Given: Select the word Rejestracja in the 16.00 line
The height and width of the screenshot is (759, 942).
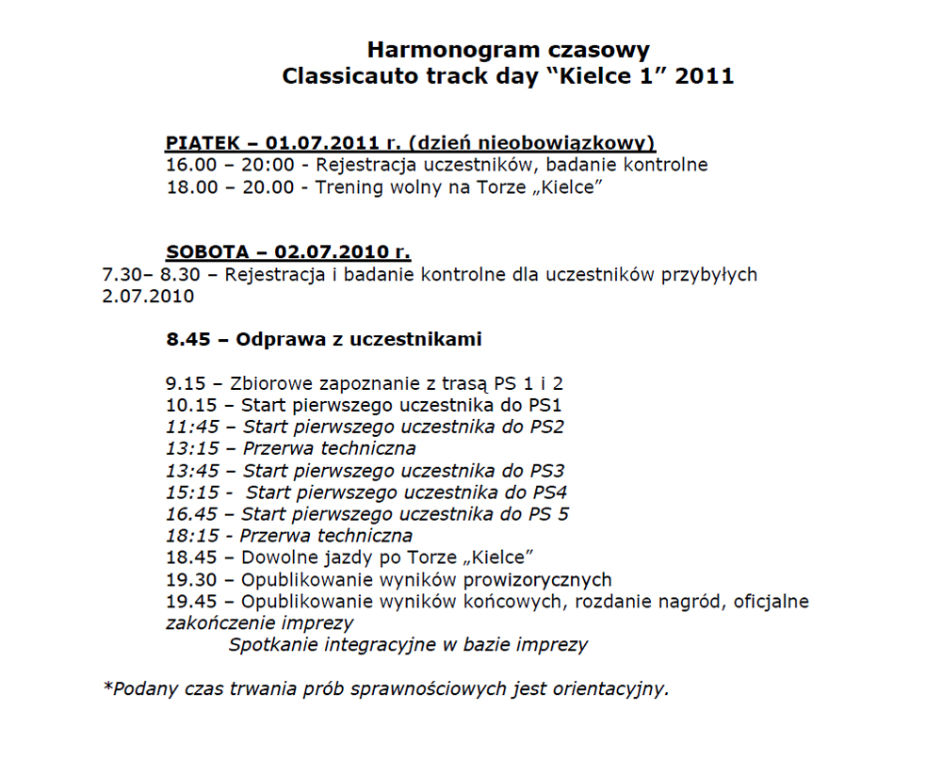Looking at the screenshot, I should click(364, 165).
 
